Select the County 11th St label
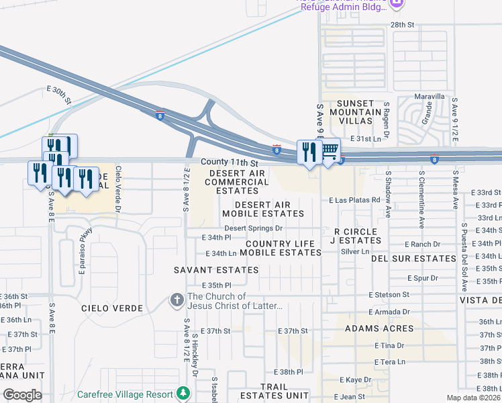230,163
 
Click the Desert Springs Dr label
254,228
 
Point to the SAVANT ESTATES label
207,270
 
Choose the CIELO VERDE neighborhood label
111,308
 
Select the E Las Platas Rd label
354,200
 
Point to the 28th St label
403,24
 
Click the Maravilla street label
430,97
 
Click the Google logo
21,395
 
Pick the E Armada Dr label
389,312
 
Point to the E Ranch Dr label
422,244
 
